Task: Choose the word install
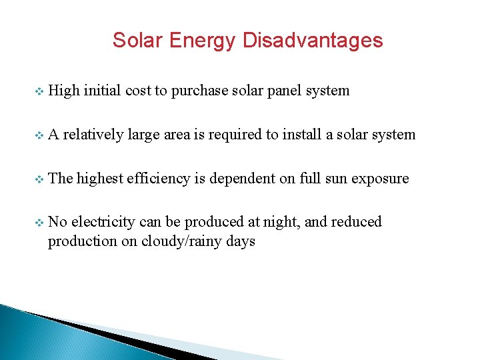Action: pyautogui.click(x=299, y=135)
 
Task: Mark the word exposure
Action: pyautogui.click(x=380, y=179)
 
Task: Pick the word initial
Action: pyautogui.click(x=102, y=91)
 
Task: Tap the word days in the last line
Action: pyautogui.click(x=241, y=241)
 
